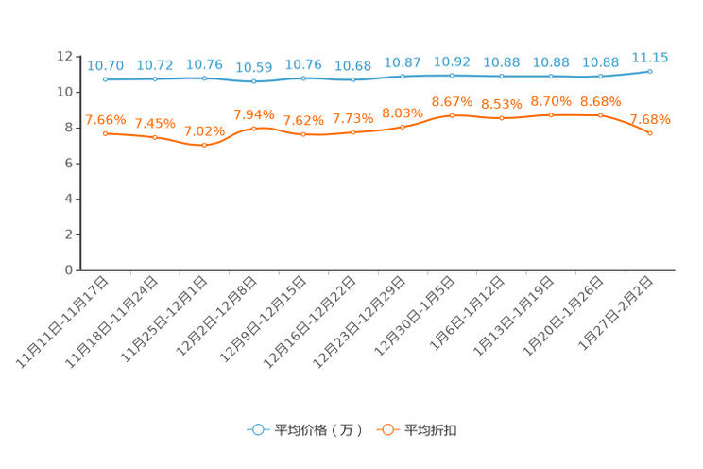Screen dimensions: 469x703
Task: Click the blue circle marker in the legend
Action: pos(257,429)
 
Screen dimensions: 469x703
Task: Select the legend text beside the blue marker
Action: pos(317,430)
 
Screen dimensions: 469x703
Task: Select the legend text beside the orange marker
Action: pos(432,430)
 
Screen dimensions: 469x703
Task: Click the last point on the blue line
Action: pos(650,71)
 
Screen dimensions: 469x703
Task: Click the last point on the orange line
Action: pos(650,134)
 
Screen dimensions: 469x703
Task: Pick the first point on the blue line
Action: pos(105,79)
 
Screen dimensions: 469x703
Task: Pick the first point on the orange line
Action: pos(105,133)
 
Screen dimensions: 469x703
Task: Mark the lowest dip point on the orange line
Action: pos(204,146)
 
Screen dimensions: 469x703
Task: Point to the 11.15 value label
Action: pos(650,58)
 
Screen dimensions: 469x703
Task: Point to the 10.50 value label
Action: pos(253,67)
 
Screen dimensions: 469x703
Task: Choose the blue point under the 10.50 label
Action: pos(253,81)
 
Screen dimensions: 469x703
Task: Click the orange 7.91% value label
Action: pos(253,114)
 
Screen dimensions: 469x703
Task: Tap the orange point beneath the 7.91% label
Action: pos(253,129)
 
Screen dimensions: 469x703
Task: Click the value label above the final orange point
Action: pos(650,120)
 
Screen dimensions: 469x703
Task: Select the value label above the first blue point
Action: pos(105,65)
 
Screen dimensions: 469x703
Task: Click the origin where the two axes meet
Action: pos(79,270)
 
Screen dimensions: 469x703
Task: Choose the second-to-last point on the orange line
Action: pos(600,114)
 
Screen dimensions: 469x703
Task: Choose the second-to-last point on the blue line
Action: pos(600,76)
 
